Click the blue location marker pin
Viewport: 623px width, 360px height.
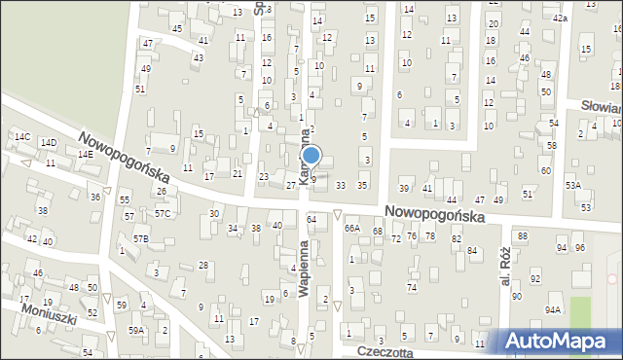coord(311,156)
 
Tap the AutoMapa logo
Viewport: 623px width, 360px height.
coord(562,340)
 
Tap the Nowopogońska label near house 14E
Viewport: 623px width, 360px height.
coord(125,159)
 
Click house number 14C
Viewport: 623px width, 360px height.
coord(21,137)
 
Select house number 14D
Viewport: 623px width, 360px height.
coord(48,143)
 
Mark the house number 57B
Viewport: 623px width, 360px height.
coord(141,238)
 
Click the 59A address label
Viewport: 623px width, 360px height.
coord(136,330)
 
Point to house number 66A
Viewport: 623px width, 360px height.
coord(352,228)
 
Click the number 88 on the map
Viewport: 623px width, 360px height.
coord(523,236)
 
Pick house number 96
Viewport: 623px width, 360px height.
coord(580,247)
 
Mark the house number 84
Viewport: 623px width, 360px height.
coord(472,251)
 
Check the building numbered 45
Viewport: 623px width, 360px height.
coord(176,28)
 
